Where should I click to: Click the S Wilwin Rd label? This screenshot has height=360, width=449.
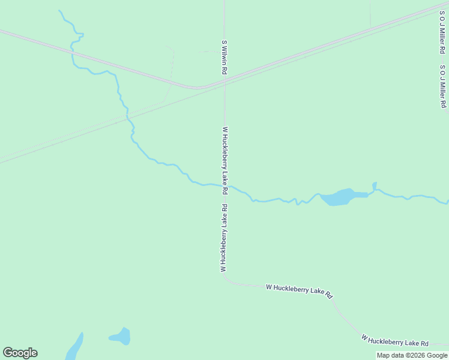tap(224, 58)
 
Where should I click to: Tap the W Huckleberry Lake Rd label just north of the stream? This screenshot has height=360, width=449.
tap(225, 160)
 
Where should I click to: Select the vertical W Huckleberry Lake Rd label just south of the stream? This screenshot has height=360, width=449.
tap(224, 239)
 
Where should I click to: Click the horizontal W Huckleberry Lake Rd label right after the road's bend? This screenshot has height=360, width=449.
tap(299, 291)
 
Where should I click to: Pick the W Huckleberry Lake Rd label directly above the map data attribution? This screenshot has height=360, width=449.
tap(395, 341)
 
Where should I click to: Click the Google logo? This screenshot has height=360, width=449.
tap(20, 353)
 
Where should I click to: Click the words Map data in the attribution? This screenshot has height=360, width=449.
tap(390, 355)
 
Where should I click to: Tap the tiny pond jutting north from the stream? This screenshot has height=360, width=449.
tap(375, 186)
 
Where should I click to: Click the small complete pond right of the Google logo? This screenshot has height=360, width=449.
tap(121, 337)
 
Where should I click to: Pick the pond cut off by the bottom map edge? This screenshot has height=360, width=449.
tap(74, 349)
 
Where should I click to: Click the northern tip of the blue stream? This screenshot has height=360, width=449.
tap(59, 11)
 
